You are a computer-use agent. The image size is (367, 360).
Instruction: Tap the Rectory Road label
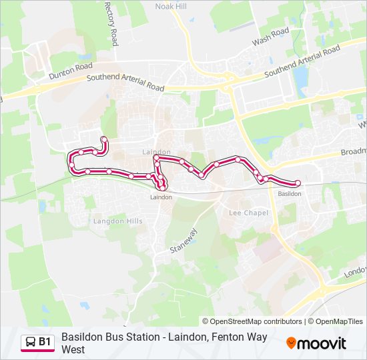[110, 23]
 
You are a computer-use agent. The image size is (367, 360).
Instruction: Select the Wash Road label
[270, 37]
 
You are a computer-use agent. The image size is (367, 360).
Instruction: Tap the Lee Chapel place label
[248, 213]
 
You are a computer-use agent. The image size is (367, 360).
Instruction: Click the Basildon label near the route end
[289, 193]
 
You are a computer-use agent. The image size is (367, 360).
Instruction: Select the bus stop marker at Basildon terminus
[298, 183]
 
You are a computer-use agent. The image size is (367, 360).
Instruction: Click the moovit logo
[316, 343]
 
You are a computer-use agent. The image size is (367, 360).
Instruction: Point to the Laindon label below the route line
[161, 197]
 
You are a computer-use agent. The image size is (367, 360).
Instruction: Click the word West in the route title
[73, 349]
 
